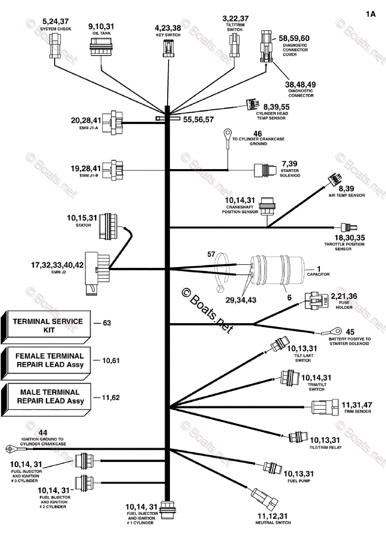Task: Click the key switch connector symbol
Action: pyautogui.click(x=167, y=48)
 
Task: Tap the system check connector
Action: pyautogui.click(x=55, y=47)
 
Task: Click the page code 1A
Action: pyautogui.click(x=370, y=14)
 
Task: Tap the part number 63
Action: pyautogui.click(x=107, y=323)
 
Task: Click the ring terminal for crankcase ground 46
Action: pyautogui.click(x=226, y=134)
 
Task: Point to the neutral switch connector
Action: pyautogui.click(x=264, y=500)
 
